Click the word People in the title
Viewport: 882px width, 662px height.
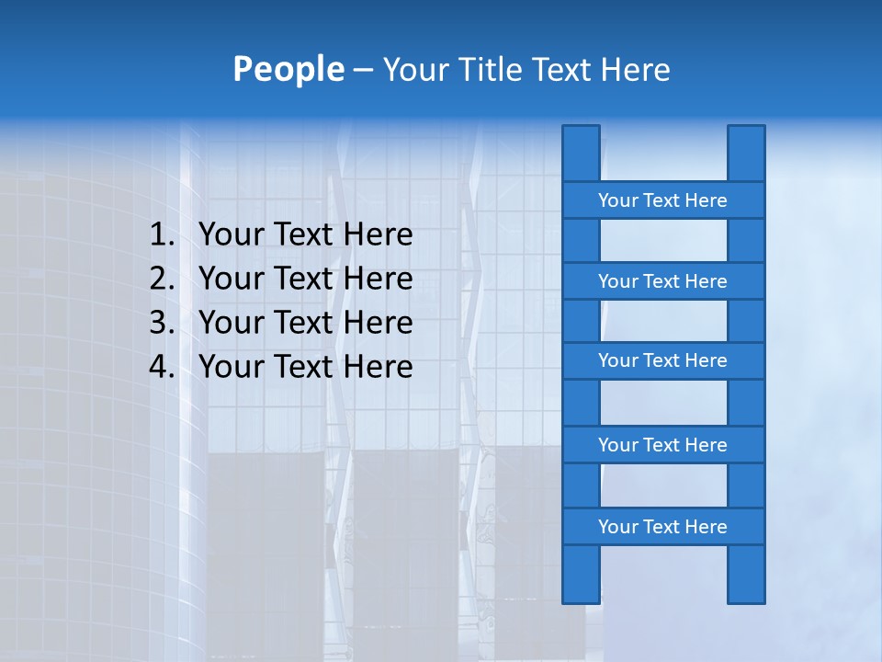288,69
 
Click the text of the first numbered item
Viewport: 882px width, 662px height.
305,235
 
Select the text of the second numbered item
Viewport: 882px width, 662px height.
305,279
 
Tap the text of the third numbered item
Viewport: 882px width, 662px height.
305,323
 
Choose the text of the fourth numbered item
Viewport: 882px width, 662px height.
305,367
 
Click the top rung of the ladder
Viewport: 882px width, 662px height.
662,200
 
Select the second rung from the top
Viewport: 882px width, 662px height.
662,281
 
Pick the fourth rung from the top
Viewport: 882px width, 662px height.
662,445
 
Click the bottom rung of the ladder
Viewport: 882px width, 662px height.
662,527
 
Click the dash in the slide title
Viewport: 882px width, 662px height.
362,70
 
